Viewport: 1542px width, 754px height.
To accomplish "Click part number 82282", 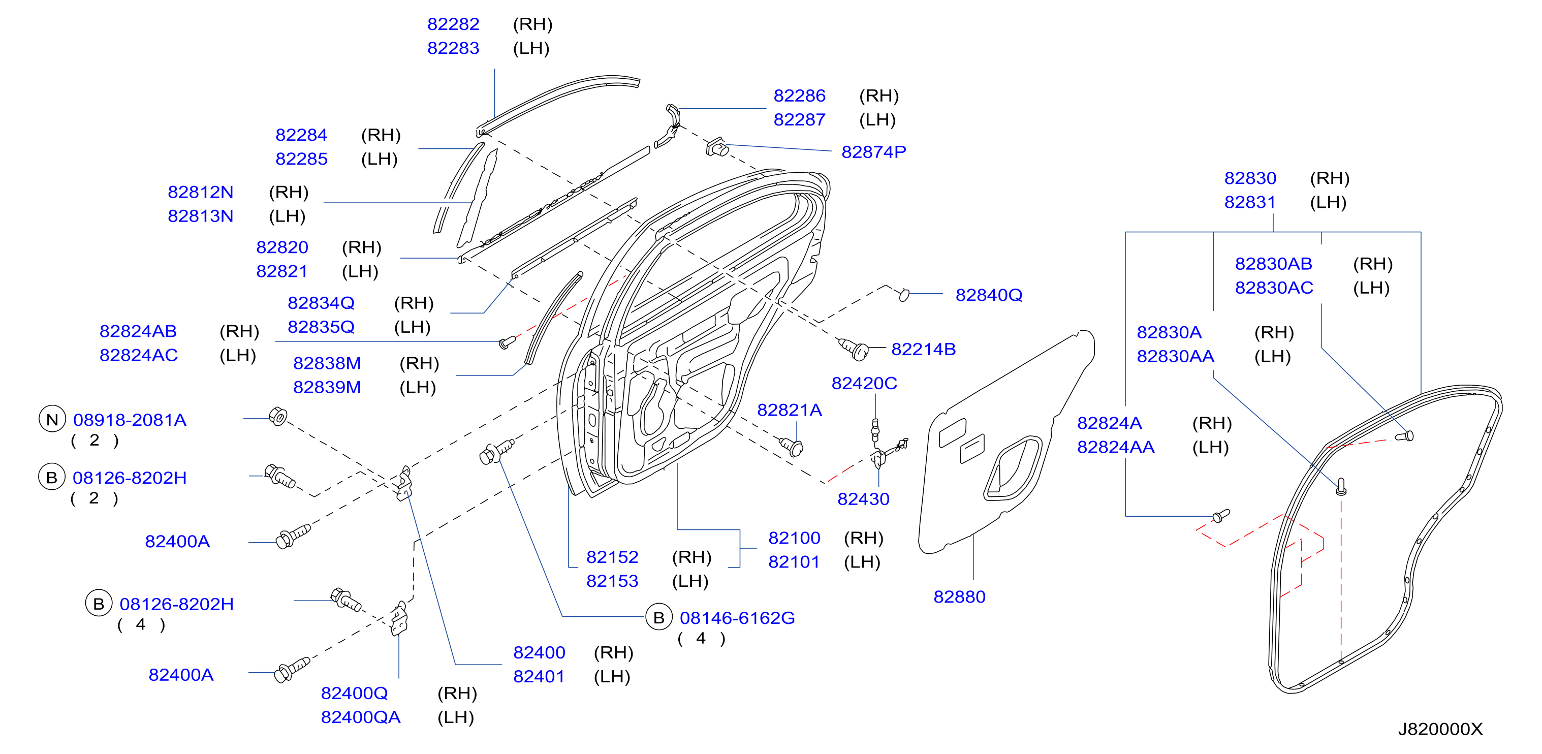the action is (453, 24).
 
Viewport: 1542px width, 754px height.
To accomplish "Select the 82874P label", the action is (873, 152).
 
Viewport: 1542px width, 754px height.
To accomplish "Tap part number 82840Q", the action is (988, 295).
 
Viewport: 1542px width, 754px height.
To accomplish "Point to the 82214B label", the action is (923, 349).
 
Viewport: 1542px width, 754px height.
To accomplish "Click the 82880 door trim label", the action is (959, 596).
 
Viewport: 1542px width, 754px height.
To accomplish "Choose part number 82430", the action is (863, 499).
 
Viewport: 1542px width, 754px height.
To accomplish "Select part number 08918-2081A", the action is (129, 420).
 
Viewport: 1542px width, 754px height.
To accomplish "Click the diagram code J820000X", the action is (1440, 729).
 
